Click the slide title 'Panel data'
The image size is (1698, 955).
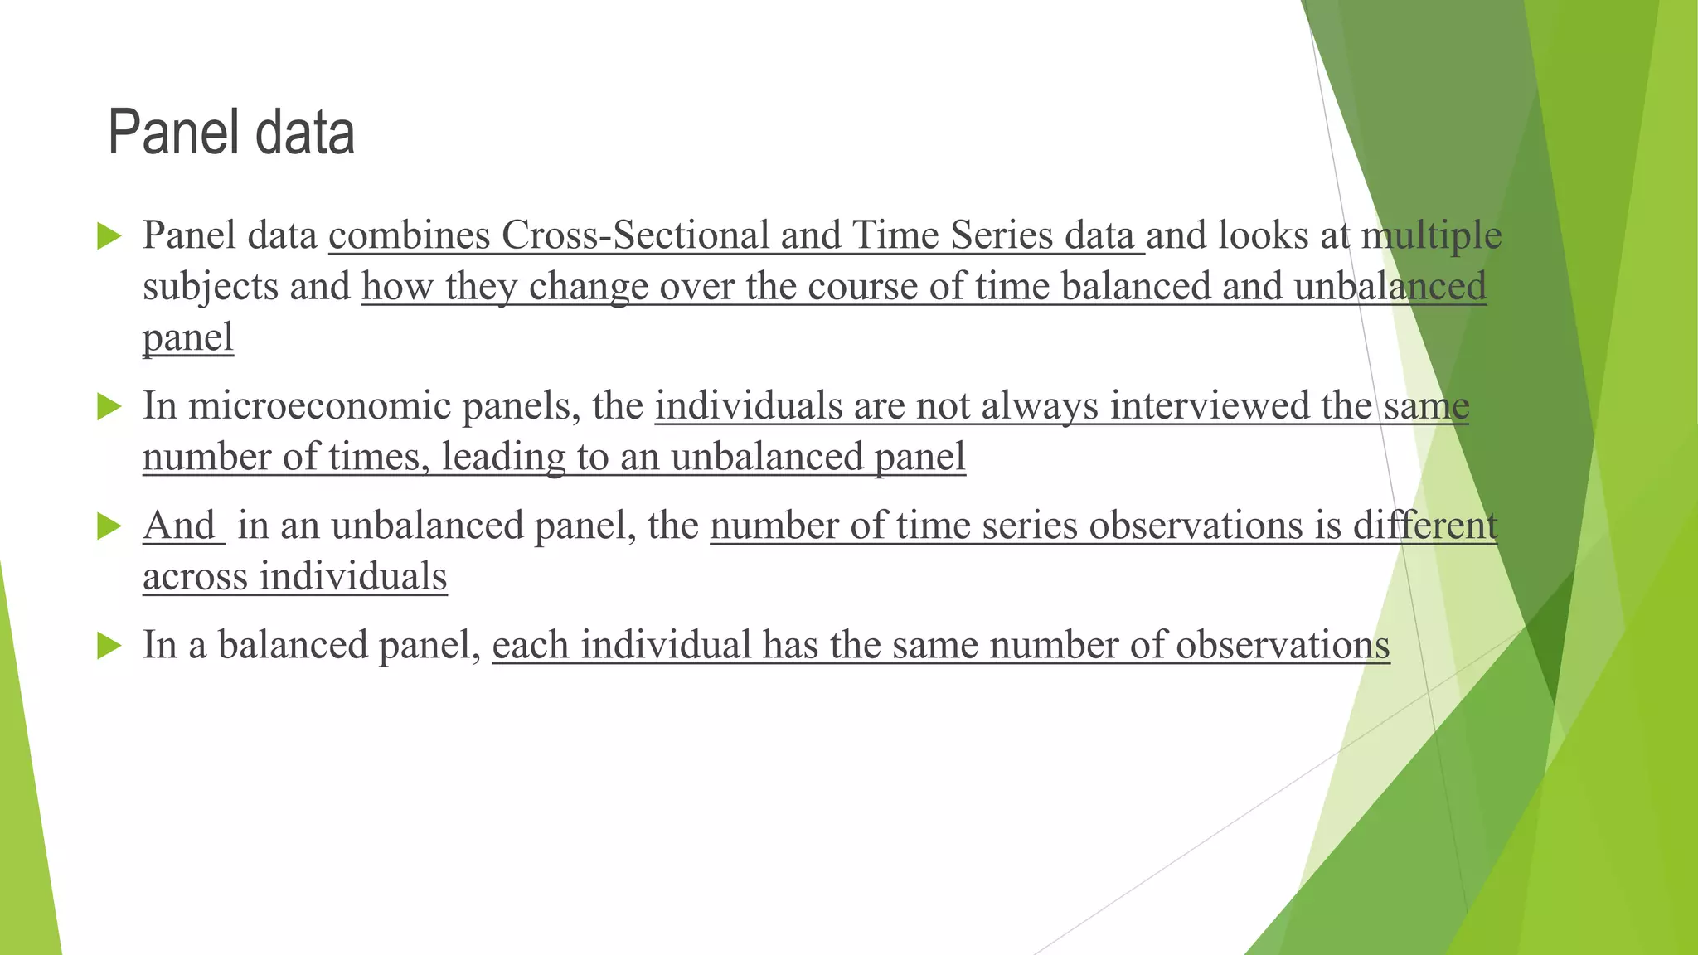point(231,133)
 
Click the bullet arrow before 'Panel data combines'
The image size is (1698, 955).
point(109,235)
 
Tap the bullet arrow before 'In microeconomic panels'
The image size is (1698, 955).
point(109,406)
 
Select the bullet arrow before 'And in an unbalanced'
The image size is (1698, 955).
point(109,526)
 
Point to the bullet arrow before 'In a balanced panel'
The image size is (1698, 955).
point(109,645)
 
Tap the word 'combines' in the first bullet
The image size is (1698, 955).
point(410,235)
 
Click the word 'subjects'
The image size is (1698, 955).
point(210,288)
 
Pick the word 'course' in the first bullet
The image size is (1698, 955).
point(860,287)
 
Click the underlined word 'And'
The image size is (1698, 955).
point(179,526)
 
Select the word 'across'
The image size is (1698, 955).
point(195,577)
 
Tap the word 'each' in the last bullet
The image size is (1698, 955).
point(530,645)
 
